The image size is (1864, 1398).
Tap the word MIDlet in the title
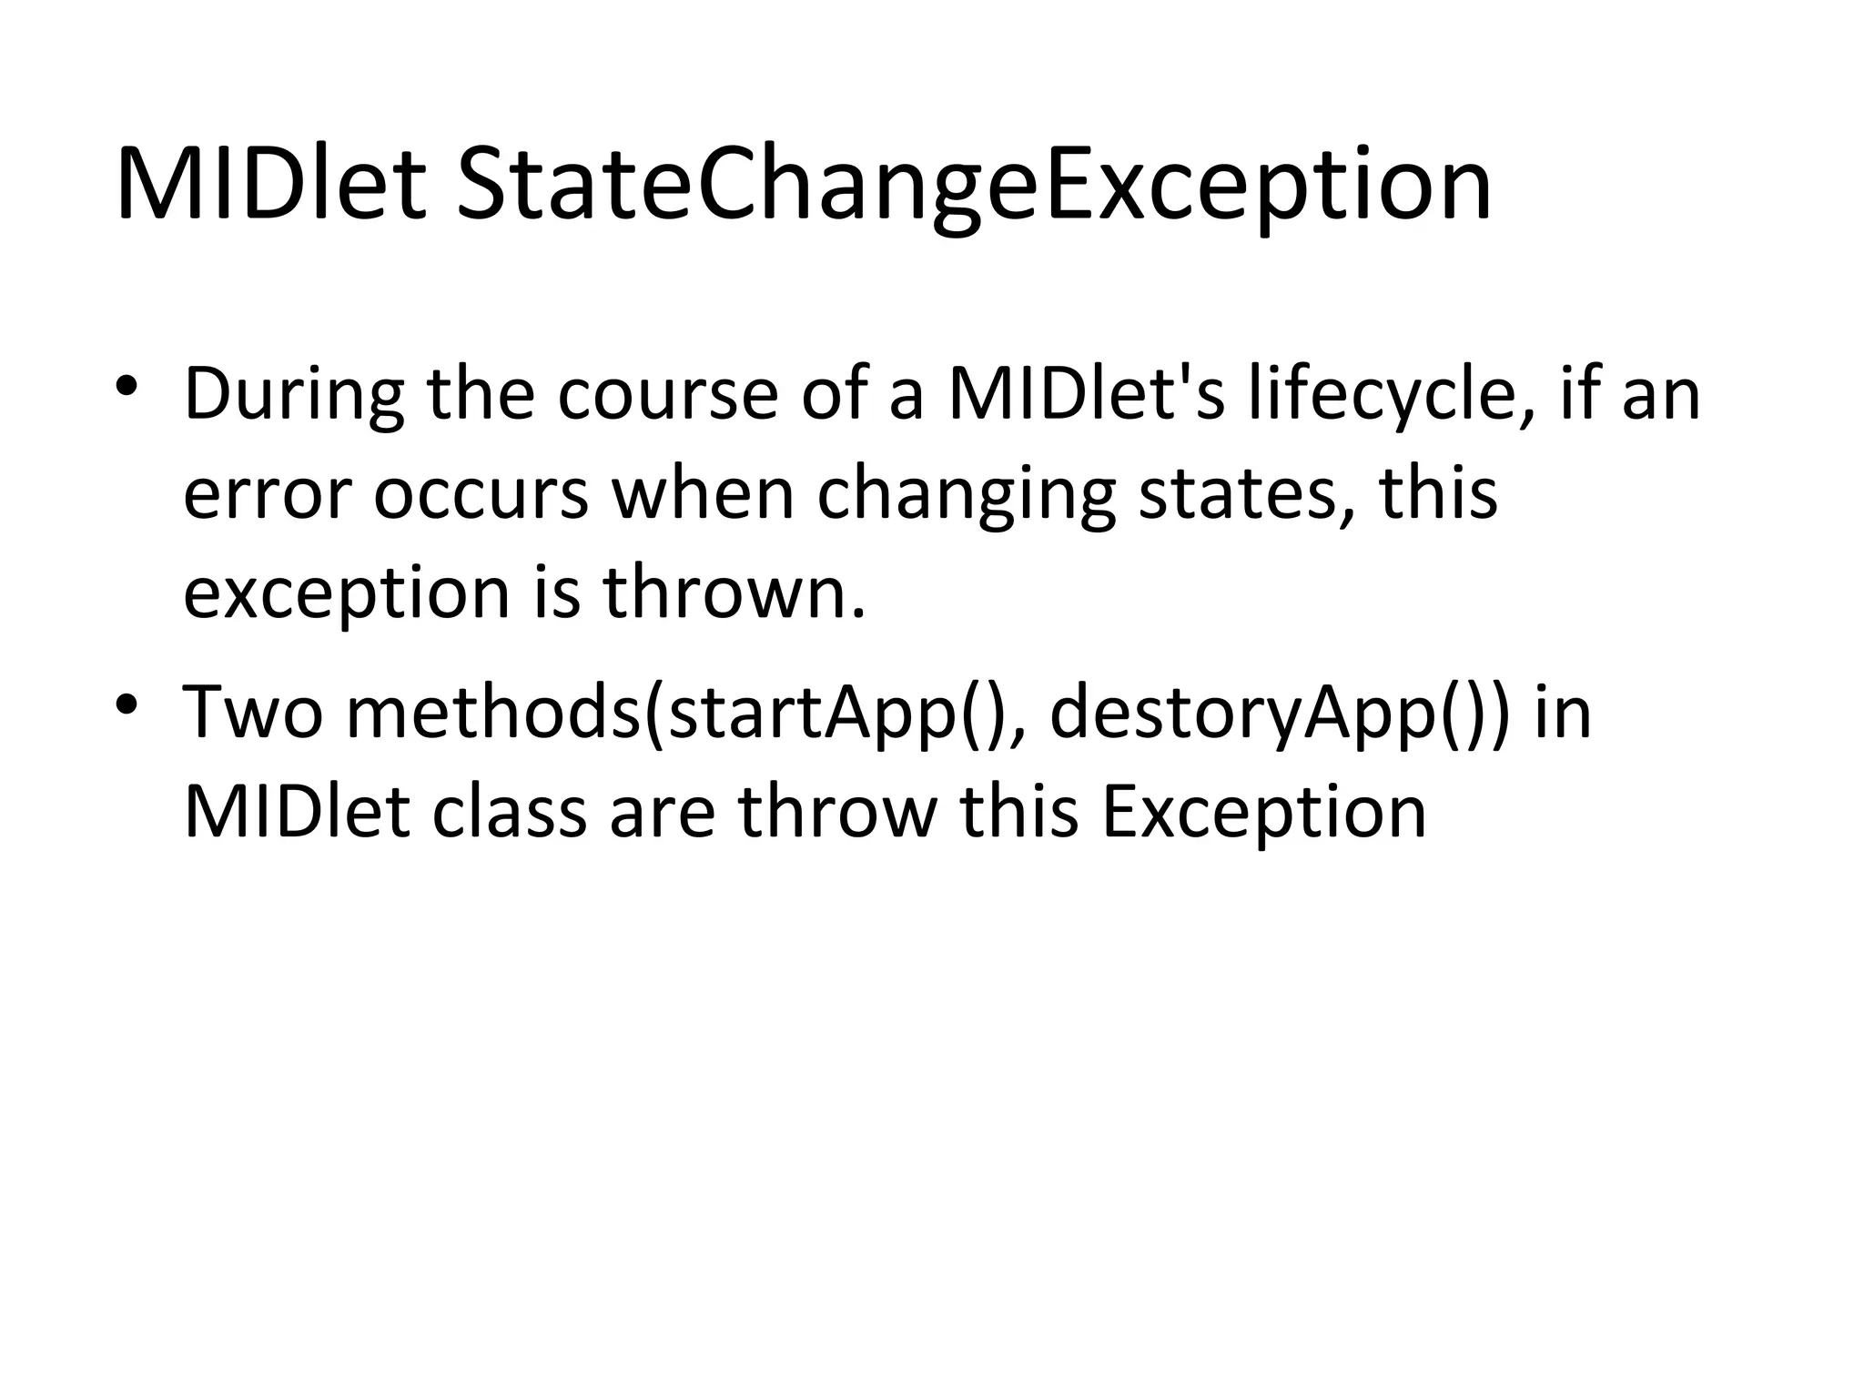(x=270, y=187)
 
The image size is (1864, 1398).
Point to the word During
(x=294, y=396)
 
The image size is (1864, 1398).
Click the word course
(x=667, y=396)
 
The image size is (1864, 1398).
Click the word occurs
(x=481, y=496)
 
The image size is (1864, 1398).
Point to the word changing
(x=966, y=496)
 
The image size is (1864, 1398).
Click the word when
(x=703, y=496)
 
